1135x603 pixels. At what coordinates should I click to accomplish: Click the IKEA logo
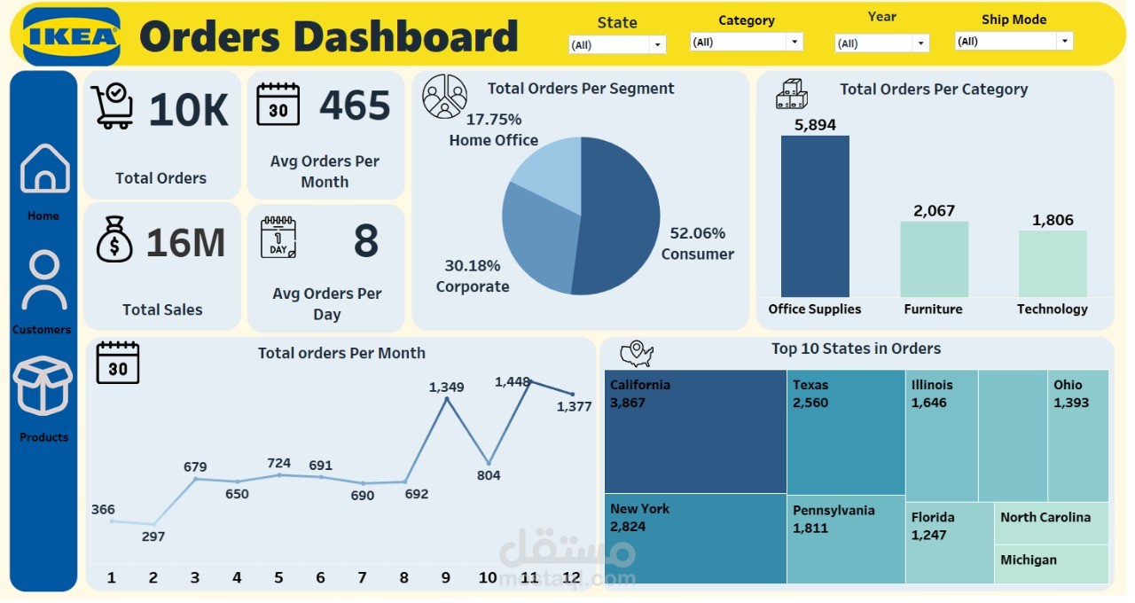(72, 36)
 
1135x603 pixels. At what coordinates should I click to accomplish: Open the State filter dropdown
(617, 44)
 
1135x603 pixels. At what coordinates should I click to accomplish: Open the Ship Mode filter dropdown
(1014, 41)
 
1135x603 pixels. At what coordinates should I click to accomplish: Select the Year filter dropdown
(881, 43)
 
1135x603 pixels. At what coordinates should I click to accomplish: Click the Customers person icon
(44, 280)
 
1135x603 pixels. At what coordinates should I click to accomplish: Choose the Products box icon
(43, 386)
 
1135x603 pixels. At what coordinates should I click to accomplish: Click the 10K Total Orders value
(188, 110)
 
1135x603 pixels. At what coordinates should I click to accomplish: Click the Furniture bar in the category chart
(934, 259)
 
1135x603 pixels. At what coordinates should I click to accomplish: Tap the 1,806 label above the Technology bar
(1053, 220)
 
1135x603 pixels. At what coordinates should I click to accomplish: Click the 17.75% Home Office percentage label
(494, 119)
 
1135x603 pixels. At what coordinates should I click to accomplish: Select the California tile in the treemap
(695, 431)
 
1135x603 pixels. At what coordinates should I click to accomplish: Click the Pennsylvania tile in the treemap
(846, 538)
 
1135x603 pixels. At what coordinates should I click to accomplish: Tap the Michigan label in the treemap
(1029, 560)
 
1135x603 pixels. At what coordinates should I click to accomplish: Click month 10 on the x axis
(488, 577)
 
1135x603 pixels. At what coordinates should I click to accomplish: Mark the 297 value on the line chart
(153, 536)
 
